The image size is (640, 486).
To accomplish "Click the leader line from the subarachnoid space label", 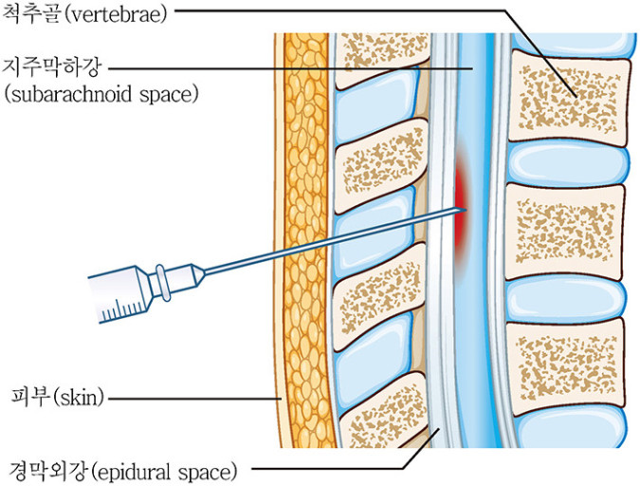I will tap(284, 68).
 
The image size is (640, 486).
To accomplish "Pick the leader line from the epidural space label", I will tap(332, 469).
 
